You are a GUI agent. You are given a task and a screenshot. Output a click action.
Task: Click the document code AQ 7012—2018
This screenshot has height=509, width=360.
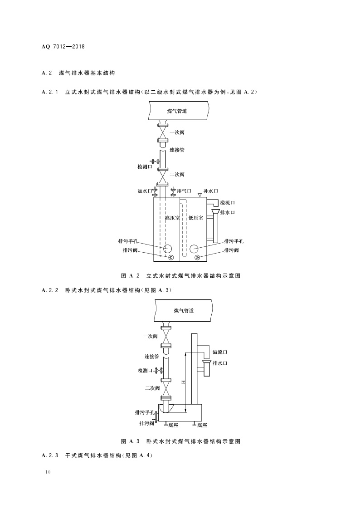tap(63, 47)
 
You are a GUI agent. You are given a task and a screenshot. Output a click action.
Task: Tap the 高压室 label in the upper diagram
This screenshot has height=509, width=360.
tap(172, 218)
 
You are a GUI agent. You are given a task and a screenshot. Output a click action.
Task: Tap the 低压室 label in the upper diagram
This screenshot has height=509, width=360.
tap(195, 218)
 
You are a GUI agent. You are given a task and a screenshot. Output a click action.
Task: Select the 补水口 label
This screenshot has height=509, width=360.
tap(211, 191)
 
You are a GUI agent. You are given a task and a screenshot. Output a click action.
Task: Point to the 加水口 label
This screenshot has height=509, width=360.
tap(145, 191)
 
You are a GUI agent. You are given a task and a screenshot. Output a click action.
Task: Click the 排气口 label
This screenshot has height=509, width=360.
tap(184, 191)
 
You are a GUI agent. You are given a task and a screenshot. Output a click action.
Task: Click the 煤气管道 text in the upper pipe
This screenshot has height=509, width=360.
tap(177, 111)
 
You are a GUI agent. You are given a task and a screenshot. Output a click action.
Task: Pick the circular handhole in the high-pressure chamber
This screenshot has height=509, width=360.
tap(168, 248)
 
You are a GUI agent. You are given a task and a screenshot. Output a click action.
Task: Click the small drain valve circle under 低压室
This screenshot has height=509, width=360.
tap(198, 258)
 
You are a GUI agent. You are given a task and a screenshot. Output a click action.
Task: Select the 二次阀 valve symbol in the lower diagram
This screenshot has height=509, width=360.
tap(166, 388)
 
